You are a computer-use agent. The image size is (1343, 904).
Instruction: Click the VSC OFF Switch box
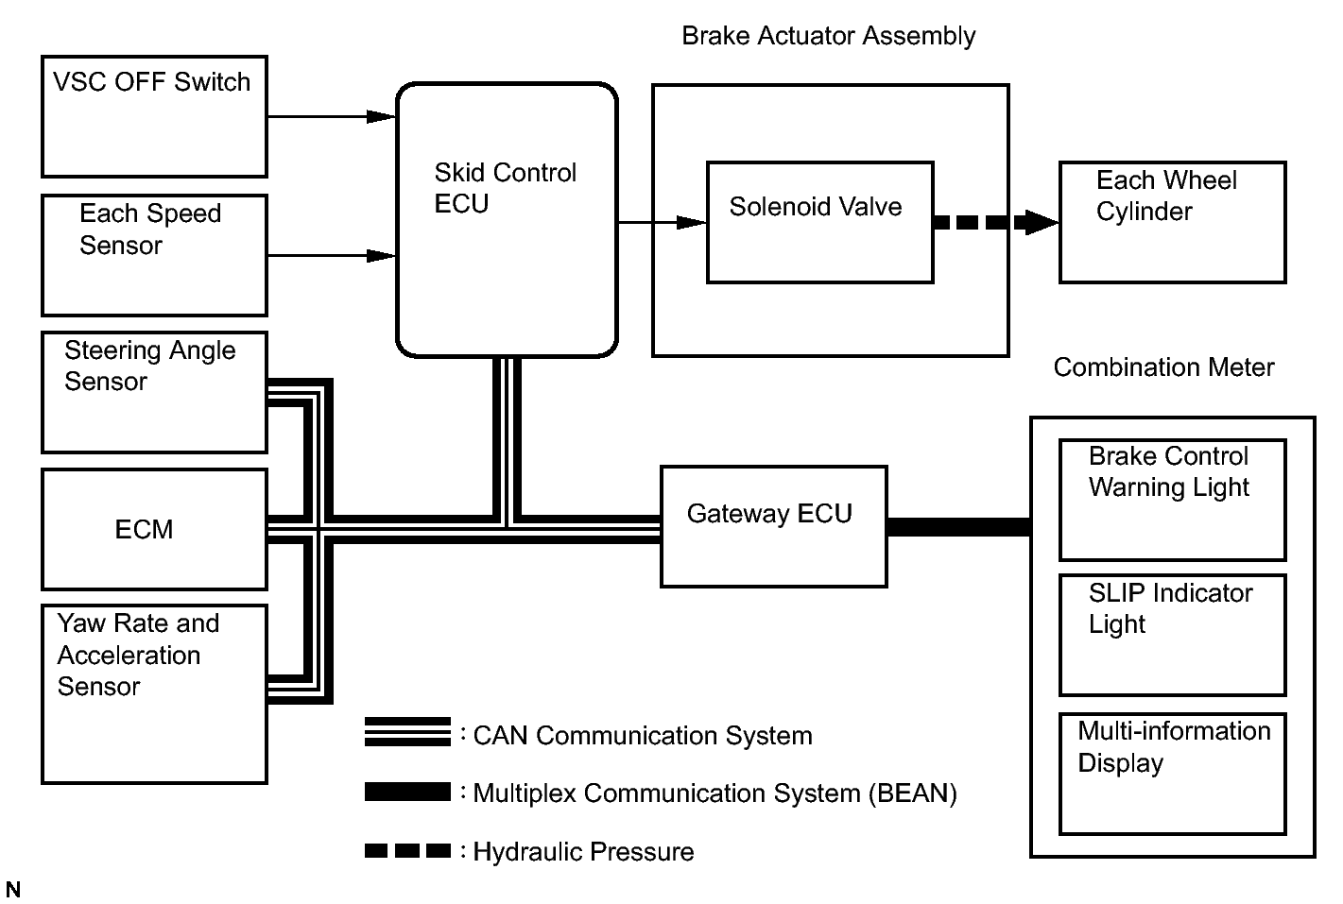point(154,116)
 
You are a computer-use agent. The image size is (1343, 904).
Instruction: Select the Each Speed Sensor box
point(154,255)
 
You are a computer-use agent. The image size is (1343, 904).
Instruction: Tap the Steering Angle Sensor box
point(154,392)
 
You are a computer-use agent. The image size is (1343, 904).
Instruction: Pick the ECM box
point(154,529)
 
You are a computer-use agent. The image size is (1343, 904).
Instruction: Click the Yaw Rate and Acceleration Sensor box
point(154,694)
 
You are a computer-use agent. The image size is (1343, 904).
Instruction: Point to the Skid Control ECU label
point(505,188)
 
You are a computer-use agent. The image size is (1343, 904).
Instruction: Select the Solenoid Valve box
point(819,222)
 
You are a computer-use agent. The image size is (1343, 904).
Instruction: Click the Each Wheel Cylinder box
point(1172,222)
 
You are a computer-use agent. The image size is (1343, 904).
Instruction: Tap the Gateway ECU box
point(773,526)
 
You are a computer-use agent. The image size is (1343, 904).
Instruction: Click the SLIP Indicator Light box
point(1172,635)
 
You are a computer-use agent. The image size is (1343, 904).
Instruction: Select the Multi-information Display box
point(1172,774)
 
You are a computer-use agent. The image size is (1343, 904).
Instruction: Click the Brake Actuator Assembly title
point(828,36)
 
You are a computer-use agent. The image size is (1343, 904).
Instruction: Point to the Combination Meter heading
point(1163,367)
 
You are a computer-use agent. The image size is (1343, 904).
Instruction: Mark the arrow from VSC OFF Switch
point(331,117)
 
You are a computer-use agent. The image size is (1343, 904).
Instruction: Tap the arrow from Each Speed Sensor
point(331,256)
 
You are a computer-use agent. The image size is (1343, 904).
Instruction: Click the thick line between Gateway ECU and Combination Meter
point(958,527)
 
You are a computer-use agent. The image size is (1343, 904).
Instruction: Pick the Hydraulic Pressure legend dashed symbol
point(407,851)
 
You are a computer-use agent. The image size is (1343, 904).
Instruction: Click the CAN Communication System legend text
point(642,736)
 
